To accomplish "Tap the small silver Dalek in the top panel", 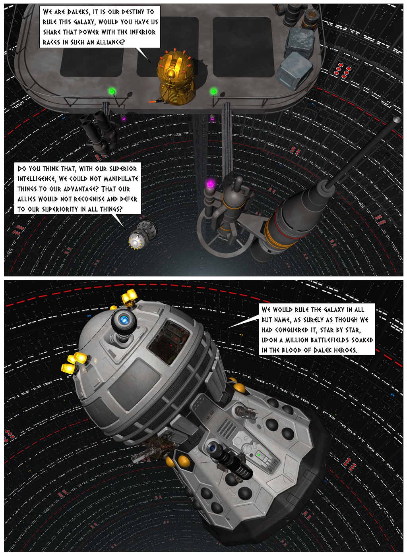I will [x=141, y=236].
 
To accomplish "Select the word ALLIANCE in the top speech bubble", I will [x=109, y=42].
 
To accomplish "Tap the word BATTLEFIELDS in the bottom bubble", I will [x=329, y=340].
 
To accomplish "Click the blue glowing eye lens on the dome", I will [x=125, y=319].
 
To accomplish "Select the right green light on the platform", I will [x=213, y=92].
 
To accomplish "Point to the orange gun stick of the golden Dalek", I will [x=154, y=102].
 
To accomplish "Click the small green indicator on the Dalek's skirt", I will [x=259, y=455].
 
